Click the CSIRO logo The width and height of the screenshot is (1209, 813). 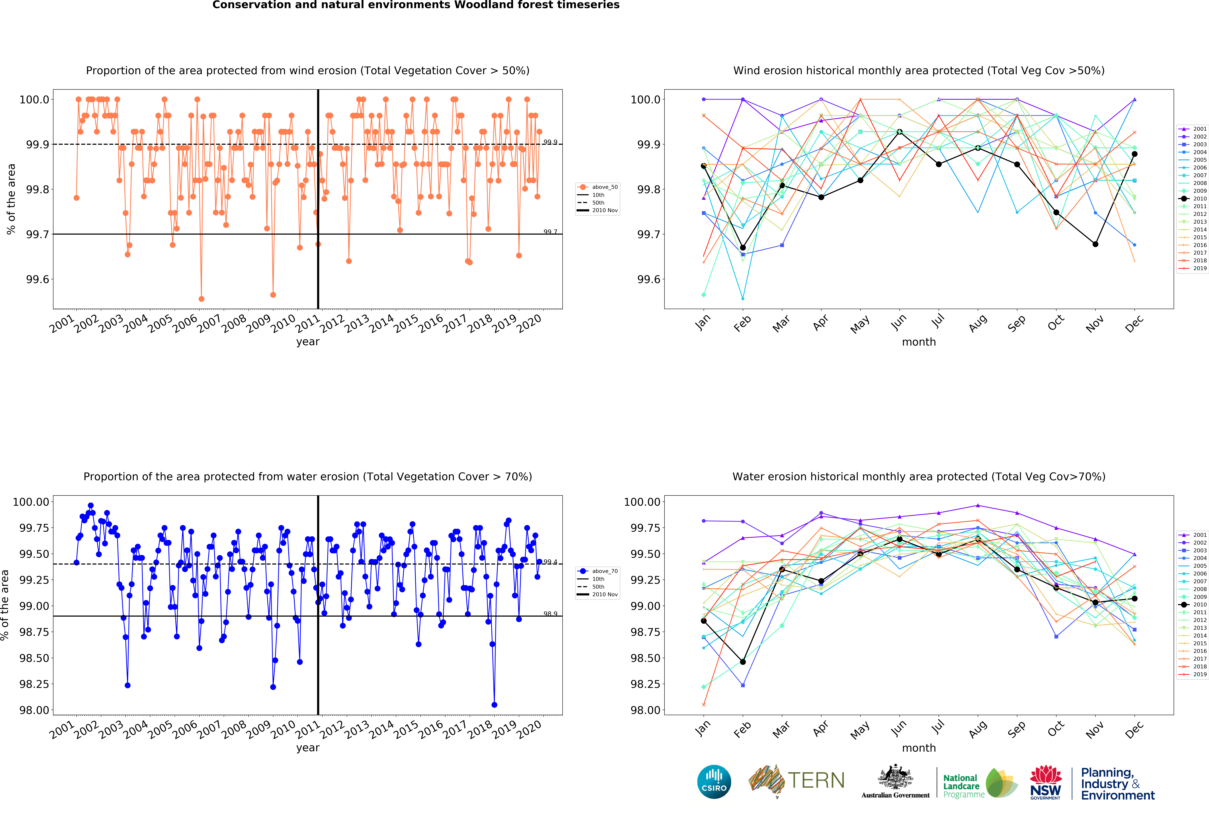714,781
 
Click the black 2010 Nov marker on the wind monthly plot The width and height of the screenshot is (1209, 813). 1095,244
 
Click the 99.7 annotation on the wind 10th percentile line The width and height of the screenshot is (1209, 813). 550,232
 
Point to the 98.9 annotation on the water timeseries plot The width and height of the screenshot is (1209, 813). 550,614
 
